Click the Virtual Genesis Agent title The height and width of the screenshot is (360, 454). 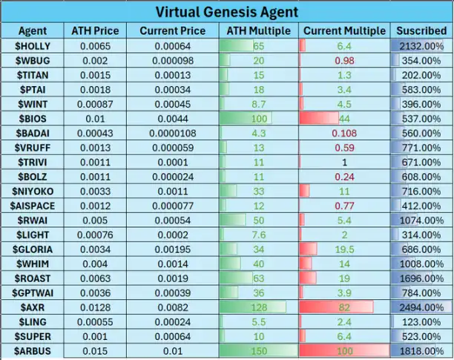227,12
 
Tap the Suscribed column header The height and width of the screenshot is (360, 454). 421,31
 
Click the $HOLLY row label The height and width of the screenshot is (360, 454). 33,46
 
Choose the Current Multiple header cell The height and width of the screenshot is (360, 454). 344,31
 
